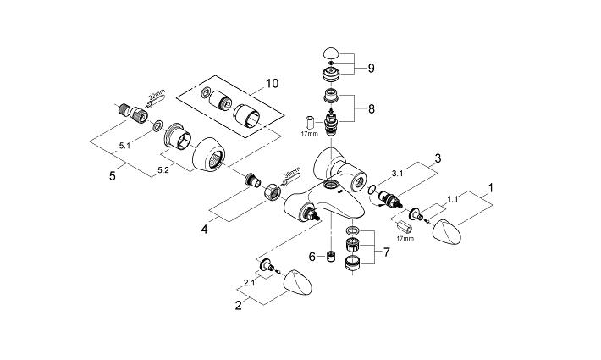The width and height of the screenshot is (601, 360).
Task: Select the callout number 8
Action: [370, 108]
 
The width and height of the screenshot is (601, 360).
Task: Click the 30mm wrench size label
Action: [291, 175]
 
